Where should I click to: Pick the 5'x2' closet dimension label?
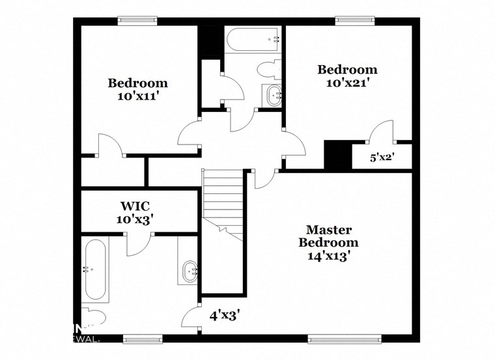pos(382,157)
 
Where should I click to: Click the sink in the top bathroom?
pos(273,95)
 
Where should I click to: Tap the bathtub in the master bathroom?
pos(95,269)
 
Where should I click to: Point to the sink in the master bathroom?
pos(190,268)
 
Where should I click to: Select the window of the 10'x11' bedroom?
pos(137,21)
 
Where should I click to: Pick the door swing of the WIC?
pos(139,245)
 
